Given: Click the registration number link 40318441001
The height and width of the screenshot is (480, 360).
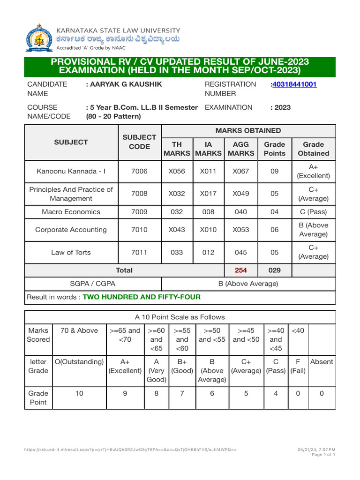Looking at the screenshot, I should click(294, 84).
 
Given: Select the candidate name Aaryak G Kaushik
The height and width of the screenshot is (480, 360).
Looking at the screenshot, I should click(124, 84).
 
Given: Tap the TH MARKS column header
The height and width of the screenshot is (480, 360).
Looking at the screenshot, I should click(177, 149).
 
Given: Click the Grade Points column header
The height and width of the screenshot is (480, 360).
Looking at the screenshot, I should click(274, 149).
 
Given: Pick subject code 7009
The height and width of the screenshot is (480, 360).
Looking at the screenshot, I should click(139, 211).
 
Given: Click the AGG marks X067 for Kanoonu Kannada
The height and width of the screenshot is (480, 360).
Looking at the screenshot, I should click(241, 171).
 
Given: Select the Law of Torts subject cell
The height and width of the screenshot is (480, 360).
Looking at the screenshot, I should click(71, 252).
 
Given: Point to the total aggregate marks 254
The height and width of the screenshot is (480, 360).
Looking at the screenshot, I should click(241, 270).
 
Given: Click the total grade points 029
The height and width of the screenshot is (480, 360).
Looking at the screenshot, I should click(274, 270).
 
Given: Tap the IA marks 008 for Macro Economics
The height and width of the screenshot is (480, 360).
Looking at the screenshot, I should click(208, 211).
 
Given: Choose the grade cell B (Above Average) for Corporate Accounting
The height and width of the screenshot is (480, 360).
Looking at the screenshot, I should click(314, 230).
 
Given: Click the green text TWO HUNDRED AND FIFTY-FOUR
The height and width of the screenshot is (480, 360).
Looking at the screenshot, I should click(142, 297).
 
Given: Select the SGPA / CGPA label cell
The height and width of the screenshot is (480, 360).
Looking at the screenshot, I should click(92, 284).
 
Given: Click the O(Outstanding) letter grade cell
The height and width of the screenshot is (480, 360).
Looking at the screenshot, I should click(79, 362).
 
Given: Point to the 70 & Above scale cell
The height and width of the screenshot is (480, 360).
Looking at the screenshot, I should click(79, 330).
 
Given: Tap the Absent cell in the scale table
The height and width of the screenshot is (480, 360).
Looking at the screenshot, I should click(322, 362).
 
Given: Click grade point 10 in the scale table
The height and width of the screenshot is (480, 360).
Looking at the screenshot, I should click(79, 394).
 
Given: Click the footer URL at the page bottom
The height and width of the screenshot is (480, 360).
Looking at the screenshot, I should click(130, 450).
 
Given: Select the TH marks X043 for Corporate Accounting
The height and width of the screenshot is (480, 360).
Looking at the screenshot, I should click(177, 230).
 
